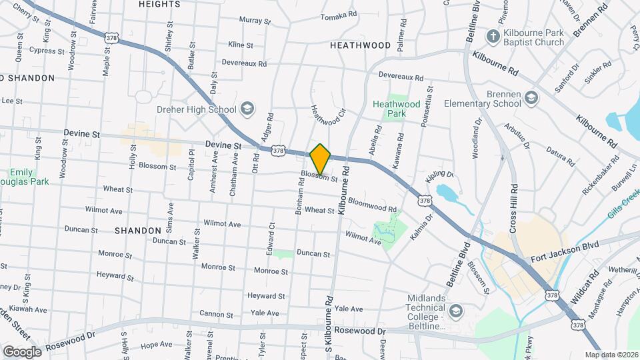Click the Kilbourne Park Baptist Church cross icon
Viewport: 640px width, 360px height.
click(493, 37)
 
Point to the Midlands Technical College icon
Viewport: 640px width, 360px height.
click(456, 311)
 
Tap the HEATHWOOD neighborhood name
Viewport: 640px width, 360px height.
click(360, 45)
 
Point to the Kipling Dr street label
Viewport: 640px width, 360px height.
click(440, 175)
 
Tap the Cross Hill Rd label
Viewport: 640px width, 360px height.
click(514, 209)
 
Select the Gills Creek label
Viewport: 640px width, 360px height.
click(623, 206)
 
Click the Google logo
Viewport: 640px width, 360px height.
click(22, 351)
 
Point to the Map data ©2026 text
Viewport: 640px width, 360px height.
click(611, 355)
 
